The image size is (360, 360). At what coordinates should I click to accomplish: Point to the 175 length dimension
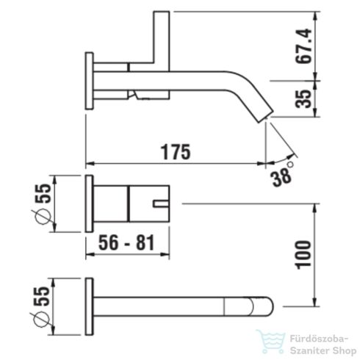(x=176, y=152)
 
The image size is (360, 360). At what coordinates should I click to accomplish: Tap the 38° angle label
(x=281, y=175)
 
